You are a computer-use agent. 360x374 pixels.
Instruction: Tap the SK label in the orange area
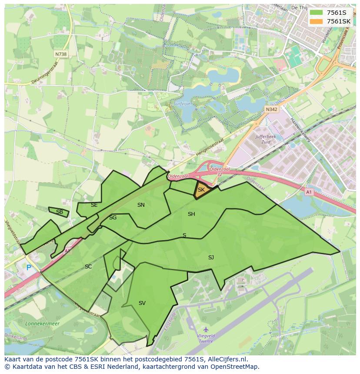[201, 190]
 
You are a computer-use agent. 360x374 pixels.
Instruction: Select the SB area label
[60, 212]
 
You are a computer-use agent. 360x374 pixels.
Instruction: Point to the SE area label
[94, 205]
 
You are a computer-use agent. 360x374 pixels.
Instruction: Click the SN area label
[141, 205]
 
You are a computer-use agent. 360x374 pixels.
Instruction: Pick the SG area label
[113, 218]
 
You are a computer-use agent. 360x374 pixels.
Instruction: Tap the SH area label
[191, 214]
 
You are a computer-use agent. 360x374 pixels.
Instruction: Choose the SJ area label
[211, 258]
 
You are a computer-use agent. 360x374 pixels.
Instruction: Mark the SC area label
[88, 267]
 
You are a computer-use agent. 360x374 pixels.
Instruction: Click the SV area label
[142, 303]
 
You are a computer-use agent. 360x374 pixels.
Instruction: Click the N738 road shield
[61, 54]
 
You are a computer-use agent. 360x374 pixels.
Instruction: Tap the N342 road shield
[271, 109]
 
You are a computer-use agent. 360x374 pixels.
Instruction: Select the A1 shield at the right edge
[309, 192]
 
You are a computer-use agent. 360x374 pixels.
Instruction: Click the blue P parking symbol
[29, 268]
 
